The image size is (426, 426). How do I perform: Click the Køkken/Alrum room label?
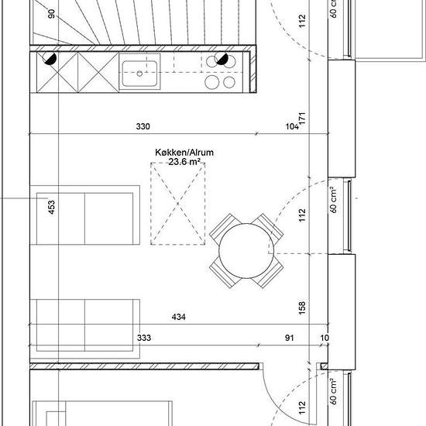pyautogui.click(x=184, y=153)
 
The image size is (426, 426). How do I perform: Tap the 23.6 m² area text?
pyautogui.click(x=184, y=162)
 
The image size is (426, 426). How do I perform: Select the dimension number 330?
pyautogui.click(x=143, y=126)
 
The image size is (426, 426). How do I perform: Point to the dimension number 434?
pyautogui.click(x=179, y=317)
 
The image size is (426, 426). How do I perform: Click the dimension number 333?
pyautogui.click(x=144, y=338)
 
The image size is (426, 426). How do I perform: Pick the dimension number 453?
pyautogui.click(x=51, y=207)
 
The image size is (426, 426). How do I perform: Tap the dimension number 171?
pyautogui.click(x=302, y=119)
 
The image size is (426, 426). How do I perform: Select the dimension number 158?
pyautogui.click(x=302, y=307)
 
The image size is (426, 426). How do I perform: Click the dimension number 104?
pyautogui.click(x=292, y=126)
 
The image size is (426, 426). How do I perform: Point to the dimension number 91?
pyautogui.click(x=290, y=338)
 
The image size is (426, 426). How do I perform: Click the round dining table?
pyautogui.click(x=246, y=251)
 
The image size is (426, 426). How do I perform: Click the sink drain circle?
pyautogui.click(x=139, y=74)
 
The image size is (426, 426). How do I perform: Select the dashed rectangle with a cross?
pyautogui.click(x=178, y=204)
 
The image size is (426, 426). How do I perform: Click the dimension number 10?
pyautogui.click(x=325, y=338)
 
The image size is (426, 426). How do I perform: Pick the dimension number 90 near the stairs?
pyautogui.click(x=51, y=14)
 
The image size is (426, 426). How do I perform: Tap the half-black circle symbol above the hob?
pyautogui.click(x=222, y=59)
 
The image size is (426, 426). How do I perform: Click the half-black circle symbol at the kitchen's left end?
pyautogui.click(x=50, y=59)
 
